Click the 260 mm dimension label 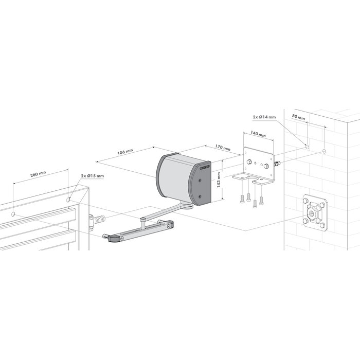point(39,175)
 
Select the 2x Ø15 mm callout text point(93,176)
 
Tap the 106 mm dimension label point(124,152)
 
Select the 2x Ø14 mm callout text point(264,117)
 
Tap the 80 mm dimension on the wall point(298,117)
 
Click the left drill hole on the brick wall point(307,147)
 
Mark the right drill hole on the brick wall point(324,151)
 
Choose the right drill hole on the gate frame point(69,196)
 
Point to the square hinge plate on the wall point(314,212)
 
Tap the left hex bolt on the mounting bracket point(249,161)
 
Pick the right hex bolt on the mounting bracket point(266,166)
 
